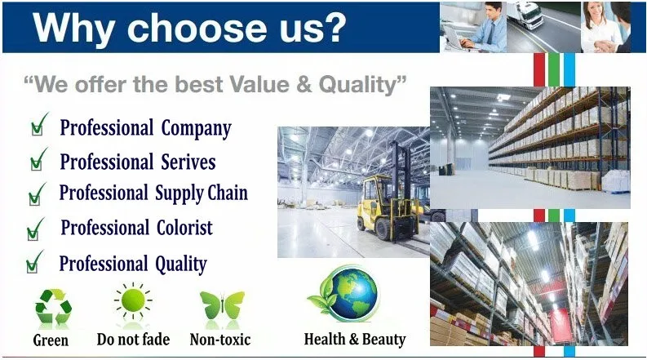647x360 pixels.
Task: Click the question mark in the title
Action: pos(331,27)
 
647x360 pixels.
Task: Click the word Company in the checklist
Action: pos(196,128)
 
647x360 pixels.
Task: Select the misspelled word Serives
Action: pos(188,162)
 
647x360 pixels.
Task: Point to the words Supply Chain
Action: pos(202,193)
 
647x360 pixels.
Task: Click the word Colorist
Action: pos(184,228)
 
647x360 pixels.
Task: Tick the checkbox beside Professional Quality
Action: pos(32,266)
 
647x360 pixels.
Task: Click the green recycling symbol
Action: pos(53,306)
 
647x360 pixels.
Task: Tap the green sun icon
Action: pos(133,300)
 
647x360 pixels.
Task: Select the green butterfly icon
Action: pos(223,305)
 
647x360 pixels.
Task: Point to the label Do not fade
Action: pos(133,340)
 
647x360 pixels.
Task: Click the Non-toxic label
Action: pos(220,340)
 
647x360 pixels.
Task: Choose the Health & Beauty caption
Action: pos(355,340)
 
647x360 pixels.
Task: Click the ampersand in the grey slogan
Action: pos(304,84)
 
